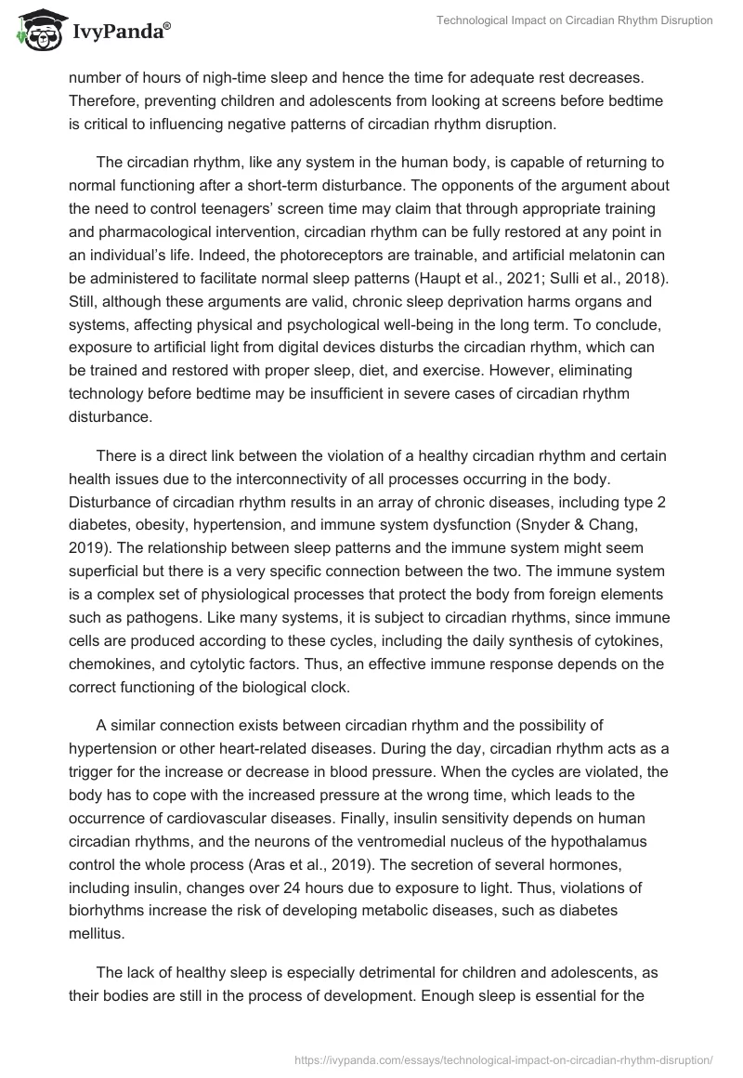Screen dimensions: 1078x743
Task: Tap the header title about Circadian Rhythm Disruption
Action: (x=576, y=20)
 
